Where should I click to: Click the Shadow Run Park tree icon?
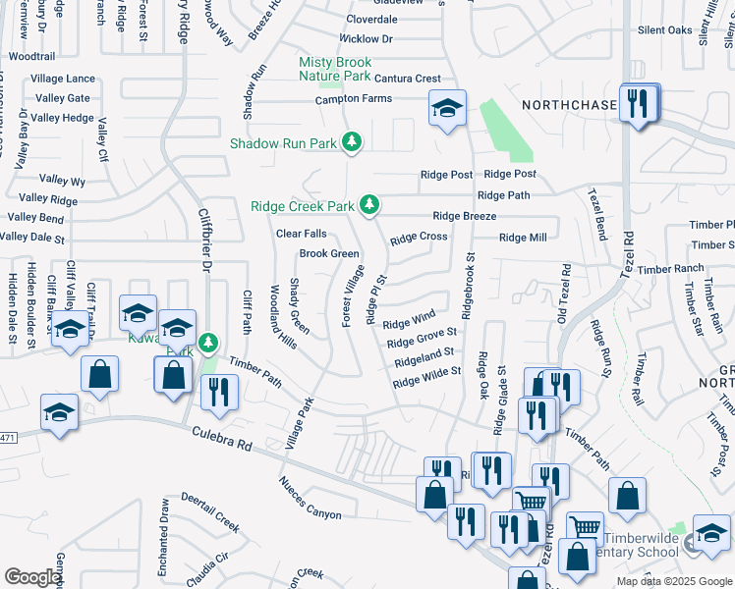pos(352,143)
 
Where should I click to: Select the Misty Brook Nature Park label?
pos(335,69)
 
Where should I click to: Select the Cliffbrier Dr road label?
pos(206,240)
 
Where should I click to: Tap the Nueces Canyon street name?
pos(310,498)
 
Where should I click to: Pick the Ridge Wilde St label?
pos(426,378)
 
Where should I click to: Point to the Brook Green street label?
pos(329,253)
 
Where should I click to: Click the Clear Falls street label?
pos(301,234)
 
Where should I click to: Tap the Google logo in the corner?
pos(32,577)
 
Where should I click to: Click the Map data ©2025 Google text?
pos(675,581)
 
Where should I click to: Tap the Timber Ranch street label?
pos(670,269)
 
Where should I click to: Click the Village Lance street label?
pos(63,79)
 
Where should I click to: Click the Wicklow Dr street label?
pos(366,39)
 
